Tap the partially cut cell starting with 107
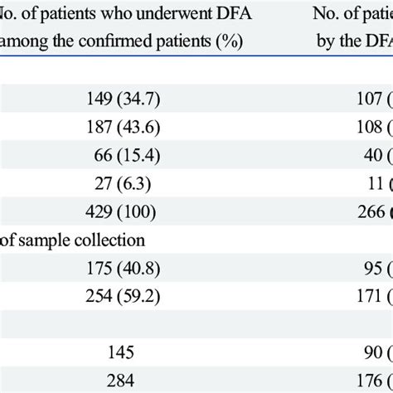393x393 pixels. click(363, 102)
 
